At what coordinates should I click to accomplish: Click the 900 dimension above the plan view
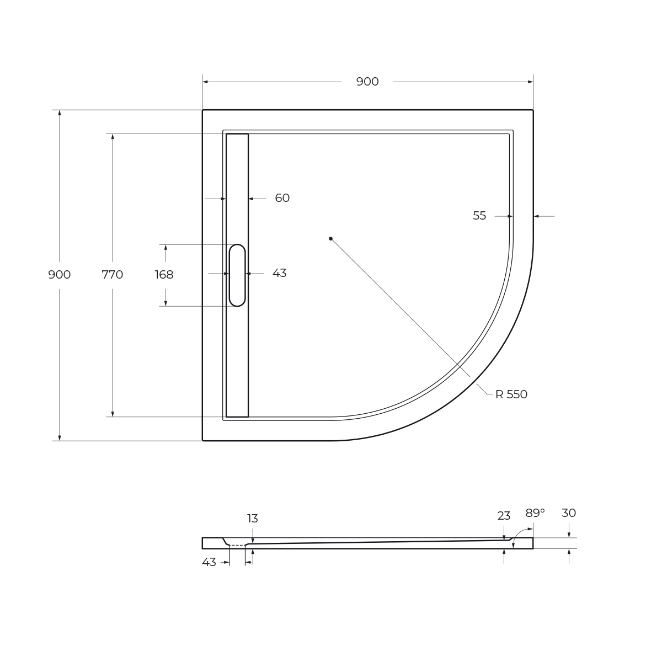tap(367, 82)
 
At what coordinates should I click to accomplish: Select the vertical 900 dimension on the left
tap(60, 275)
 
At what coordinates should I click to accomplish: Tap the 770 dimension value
tap(113, 275)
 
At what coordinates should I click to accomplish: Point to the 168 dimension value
tap(164, 275)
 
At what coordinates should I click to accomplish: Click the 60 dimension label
tap(282, 198)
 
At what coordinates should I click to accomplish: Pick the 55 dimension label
tap(479, 216)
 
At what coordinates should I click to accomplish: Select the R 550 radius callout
tap(511, 394)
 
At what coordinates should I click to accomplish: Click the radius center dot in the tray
tap(330, 238)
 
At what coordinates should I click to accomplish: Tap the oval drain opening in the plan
tap(237, 275)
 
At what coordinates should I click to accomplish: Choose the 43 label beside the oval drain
tap(279, 273)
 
